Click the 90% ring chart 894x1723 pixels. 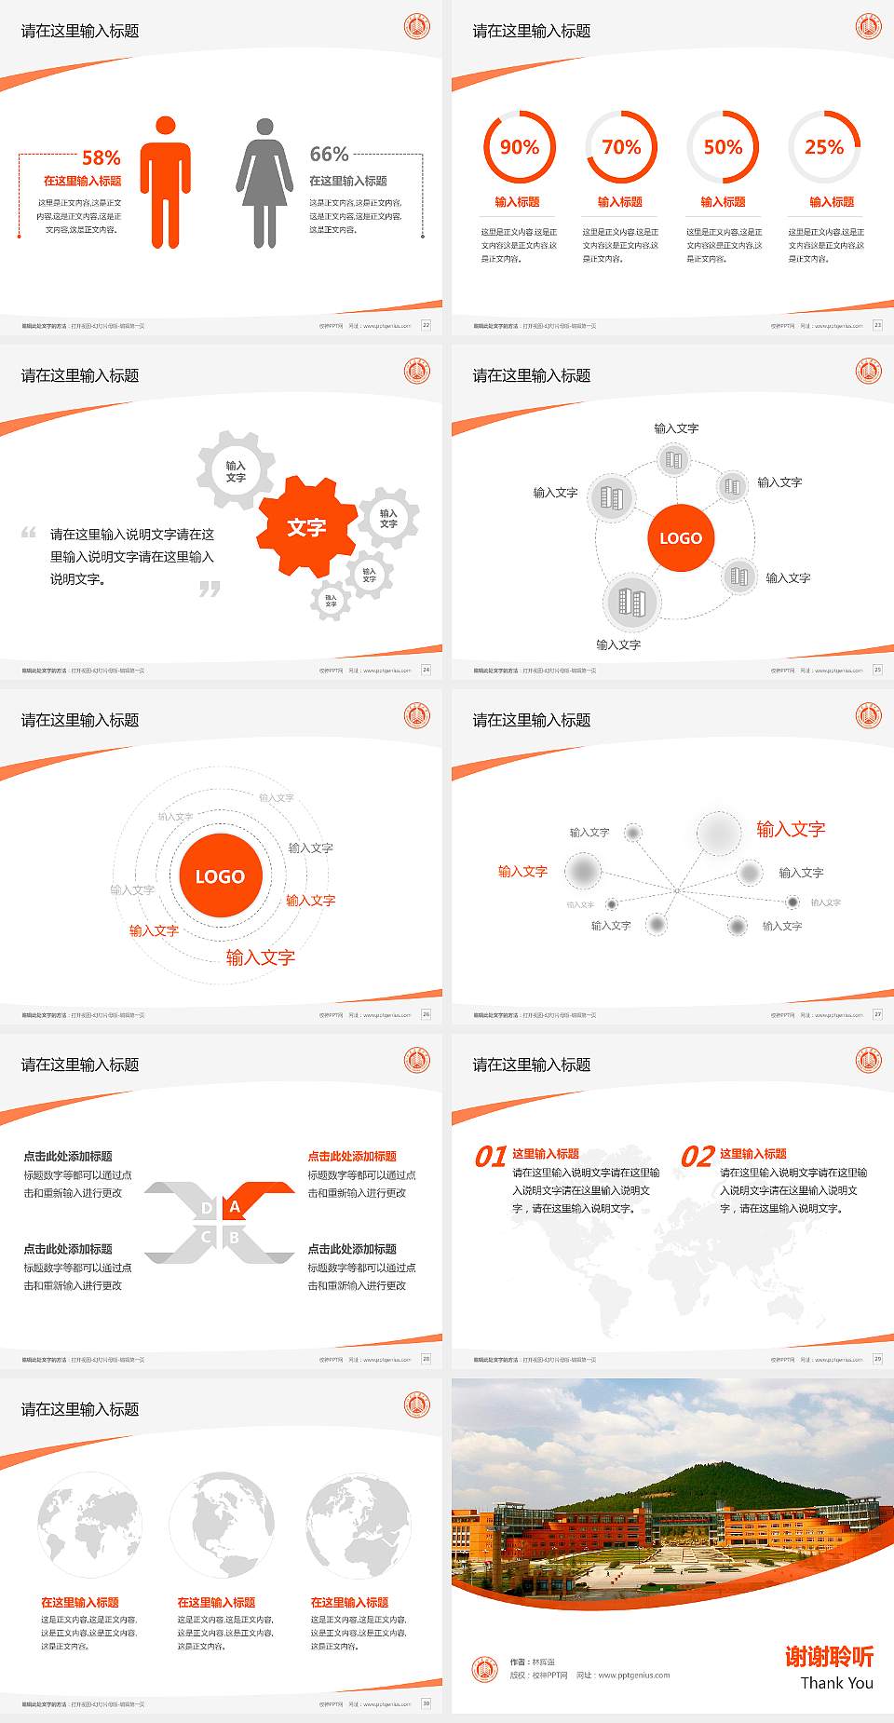(519, 147)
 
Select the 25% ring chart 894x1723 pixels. (824, 147)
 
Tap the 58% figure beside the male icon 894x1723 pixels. (101, 157)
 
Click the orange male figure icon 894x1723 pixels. (166, 183)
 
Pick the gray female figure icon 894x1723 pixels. (264, 183)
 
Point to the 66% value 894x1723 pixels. (329, 154)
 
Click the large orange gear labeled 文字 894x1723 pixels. (306, 527)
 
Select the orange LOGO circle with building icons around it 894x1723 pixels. (681, 537)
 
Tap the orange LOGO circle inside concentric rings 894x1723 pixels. (220, 875)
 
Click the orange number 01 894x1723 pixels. (491, 1157)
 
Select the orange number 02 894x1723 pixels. (698, 1157)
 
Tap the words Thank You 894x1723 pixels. (836, 1683)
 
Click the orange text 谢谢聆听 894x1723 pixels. (829, 1656)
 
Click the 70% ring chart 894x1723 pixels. (621, 147)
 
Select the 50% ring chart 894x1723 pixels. (723, 147)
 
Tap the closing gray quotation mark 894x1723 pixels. (210, 589)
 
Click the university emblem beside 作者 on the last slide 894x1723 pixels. (484, 1669)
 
